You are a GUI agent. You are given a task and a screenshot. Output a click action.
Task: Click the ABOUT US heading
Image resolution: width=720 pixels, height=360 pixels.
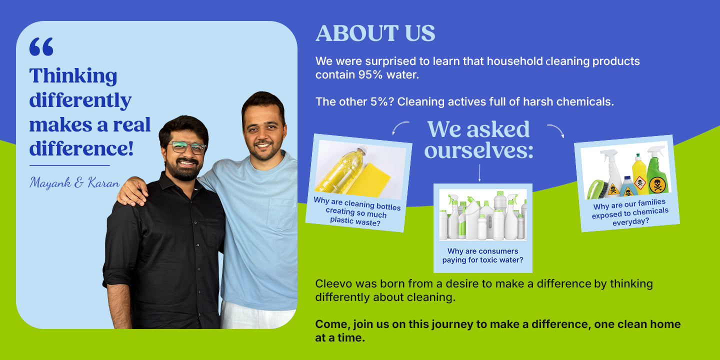point(375,33)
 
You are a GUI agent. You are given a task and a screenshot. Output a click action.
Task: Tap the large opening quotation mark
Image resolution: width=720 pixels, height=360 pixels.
point(41,46)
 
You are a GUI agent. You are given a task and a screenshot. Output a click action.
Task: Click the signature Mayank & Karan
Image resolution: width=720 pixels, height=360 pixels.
point(74,182)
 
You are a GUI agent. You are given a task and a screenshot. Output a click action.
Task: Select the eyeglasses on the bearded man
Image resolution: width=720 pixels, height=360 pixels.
point(187,147)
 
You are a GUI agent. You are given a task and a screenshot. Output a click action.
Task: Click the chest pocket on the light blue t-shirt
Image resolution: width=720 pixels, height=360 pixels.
point(282,213)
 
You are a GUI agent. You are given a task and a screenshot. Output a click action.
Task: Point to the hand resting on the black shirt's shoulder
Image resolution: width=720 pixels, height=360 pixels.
point(132,190)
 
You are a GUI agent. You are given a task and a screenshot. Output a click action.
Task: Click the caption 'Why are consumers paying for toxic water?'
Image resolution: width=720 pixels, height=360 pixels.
point(483,255)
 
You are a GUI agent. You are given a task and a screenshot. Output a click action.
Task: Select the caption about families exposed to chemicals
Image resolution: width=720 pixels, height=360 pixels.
point(630,212)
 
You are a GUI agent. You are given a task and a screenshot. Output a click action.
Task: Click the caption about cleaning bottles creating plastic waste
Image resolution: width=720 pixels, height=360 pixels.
point(356,212)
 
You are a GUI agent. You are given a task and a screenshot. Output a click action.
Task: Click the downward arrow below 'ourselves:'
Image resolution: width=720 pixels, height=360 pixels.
point(479,173)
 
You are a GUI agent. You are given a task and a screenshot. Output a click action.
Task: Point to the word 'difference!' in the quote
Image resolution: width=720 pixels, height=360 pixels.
point(81,148)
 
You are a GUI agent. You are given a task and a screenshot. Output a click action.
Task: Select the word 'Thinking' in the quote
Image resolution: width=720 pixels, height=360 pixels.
point(73,76)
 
